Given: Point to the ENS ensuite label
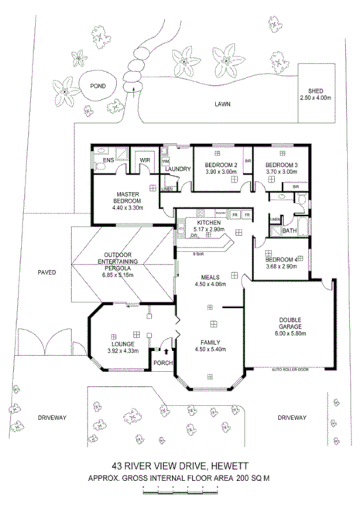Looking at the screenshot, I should click(110, 161).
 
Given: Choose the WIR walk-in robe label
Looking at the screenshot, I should click(145, 161).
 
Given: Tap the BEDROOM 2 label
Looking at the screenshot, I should click(215, 166).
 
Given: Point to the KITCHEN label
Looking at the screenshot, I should click(209, 224).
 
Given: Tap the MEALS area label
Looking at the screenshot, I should click(209, 276).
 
